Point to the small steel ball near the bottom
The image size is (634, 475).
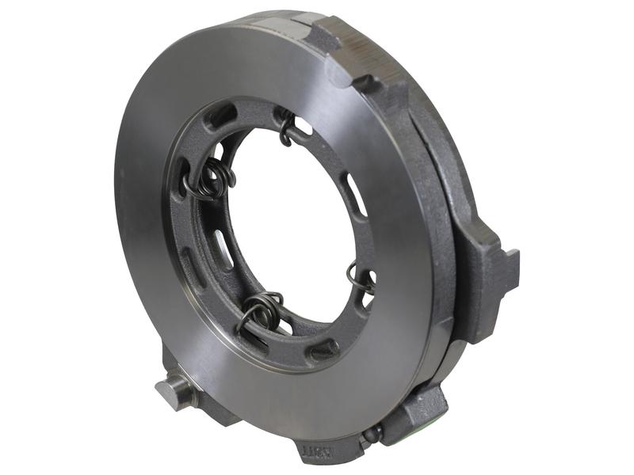click(373, 432)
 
